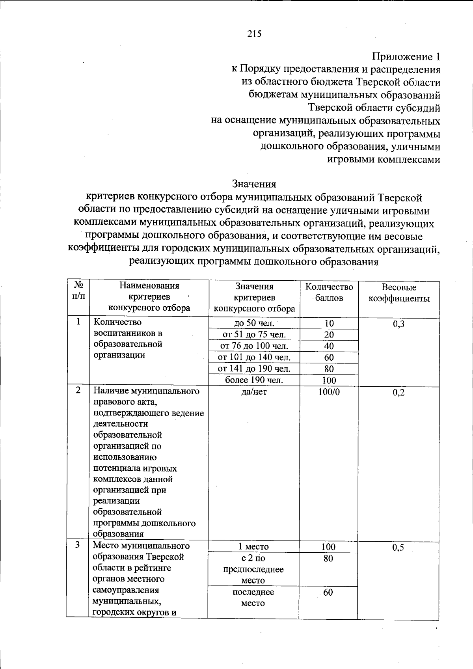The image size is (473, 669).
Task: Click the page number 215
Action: tap(254, 34)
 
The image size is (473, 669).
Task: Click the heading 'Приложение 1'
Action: tap(406, 57)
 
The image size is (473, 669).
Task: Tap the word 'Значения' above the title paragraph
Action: tap(254, 184)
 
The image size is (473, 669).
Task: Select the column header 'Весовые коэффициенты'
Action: tap(399, 293)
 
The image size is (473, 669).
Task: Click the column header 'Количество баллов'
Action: tap(329, 292)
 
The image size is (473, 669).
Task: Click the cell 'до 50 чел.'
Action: tap(254, 323)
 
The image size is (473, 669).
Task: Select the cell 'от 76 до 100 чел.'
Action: tap(254, 346)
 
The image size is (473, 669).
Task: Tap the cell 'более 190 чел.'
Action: tap(254, 380)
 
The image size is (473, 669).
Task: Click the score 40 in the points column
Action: tap(329, 346)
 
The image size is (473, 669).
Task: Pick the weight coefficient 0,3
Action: tap(399, 324)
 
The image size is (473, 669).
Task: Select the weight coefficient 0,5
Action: tap(398, 548)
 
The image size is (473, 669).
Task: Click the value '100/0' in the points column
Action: tap(329, 392)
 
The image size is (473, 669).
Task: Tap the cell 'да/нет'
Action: tap(254, 392)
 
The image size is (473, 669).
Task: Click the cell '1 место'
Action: tap(253, 547)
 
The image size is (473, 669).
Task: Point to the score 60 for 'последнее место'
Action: tap(328, 592)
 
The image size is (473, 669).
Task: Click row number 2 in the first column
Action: tap(78, 390)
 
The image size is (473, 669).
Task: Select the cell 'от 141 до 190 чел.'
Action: tap(254, 369)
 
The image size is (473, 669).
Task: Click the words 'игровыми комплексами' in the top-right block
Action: tap(384, 159)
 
